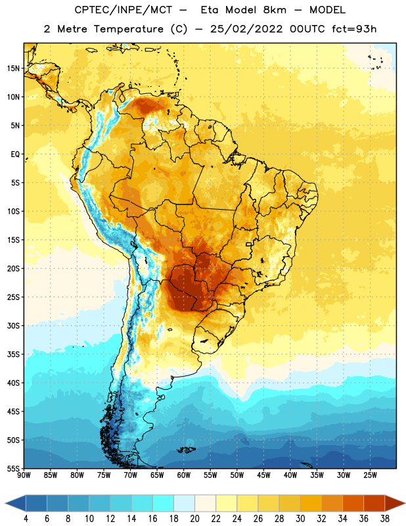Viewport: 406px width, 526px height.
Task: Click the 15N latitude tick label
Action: point(13,68)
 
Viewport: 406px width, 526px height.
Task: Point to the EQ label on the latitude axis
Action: point(15,155)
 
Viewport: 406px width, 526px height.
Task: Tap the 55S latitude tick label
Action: point(13,468)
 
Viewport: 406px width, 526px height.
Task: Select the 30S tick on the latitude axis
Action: point(13,325)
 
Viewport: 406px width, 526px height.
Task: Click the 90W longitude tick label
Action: point(24,475)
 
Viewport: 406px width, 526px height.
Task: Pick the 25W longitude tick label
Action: point(370,475)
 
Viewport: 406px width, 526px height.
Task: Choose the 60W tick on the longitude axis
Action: point(184,475)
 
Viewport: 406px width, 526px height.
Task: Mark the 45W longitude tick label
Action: point(263,475)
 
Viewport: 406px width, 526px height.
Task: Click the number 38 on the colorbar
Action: point(384,519)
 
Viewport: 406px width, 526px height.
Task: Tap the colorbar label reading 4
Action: point(26,519)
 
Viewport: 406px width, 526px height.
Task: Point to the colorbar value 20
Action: point(194,519)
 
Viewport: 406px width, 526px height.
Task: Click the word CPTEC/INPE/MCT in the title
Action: point(123,10)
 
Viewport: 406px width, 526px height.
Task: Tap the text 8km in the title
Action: point(275,10)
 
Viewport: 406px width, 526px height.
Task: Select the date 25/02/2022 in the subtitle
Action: point(246,29)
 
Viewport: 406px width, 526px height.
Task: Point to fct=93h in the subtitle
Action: point(354,29)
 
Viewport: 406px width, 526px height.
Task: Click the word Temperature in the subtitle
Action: point(128,29)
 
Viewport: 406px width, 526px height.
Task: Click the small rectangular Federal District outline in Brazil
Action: point(249,244)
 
